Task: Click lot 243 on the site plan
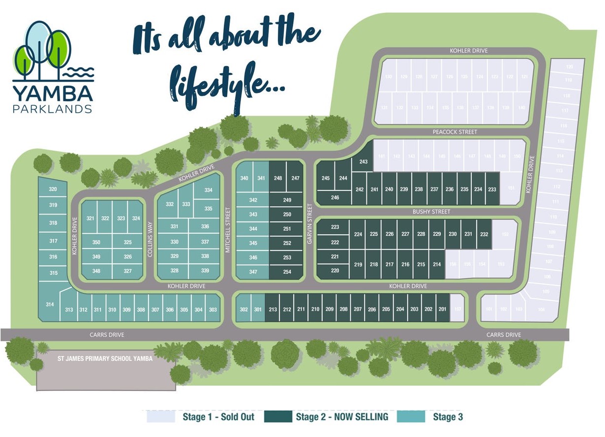point(363,161)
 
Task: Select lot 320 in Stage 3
point(53,189)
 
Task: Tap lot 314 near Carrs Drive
point(50,304)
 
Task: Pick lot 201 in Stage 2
point(442,309)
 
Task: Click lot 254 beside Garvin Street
point(287,272)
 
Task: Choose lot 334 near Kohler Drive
point(208,190)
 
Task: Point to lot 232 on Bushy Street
point(484,234)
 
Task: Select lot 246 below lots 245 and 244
point(335,198)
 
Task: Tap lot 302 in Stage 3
point(244,309)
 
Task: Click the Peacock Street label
point(454,132)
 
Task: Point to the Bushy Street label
point(431,212)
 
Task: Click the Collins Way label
point(151,239)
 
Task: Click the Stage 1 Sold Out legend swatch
point(161,417)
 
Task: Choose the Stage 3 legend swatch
point(411,417)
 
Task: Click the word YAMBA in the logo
point(53,93)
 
